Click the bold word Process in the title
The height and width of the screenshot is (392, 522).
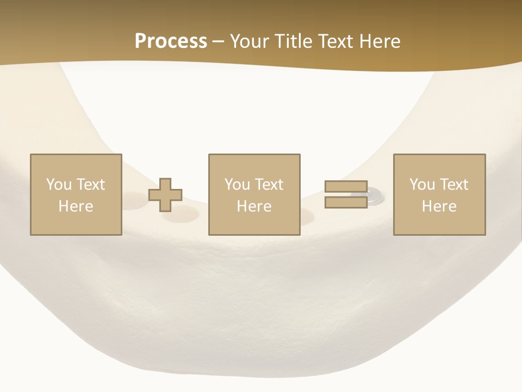pyautogui.click(x=171, y=41)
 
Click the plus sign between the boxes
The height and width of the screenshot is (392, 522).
pyautogui.click(x=165, y=195)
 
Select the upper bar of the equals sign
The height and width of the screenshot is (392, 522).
pyautogui.click(x=346, y=186)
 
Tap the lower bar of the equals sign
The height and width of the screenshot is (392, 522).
pyautogui.click(x=346, y=202)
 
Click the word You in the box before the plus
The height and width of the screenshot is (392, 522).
pyautogui.click(x=58, y=185)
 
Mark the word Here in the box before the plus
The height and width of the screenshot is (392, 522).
pyautogui.click(x=76, y=206)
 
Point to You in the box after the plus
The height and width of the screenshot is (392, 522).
pyautogui.click(x=237, y=185)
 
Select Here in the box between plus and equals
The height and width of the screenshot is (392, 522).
pyautogui.click(x=254, y=206)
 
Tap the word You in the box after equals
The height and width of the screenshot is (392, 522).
pyautogui.click(x=422, y=185)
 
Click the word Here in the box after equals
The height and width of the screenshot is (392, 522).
pyautogui.click(x=439, y=206)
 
